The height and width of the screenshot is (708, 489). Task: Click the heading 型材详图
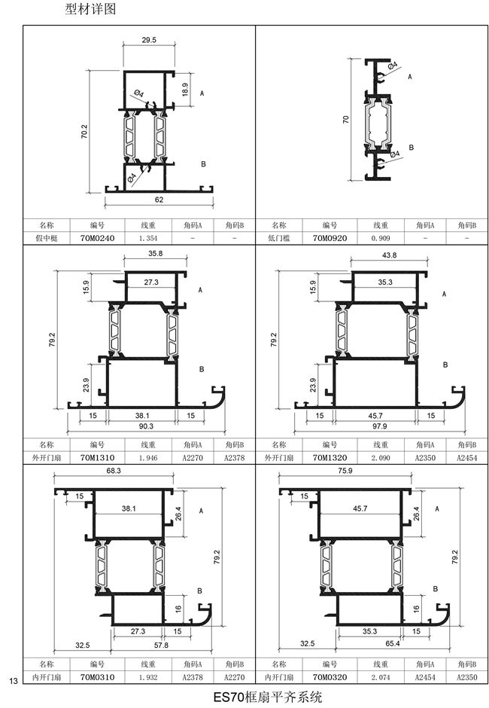coord(91,8)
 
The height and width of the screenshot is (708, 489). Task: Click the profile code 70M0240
coord(98,238)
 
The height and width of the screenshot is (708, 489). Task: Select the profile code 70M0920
coord(330,238)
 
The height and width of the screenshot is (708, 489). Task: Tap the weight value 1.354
coord(148,238)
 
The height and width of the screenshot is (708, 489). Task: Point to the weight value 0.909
coord(381,238)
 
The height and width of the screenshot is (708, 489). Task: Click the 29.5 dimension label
coord(149,40)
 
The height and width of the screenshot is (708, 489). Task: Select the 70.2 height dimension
coord(84,131)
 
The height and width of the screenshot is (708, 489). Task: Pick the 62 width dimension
coord(159,200)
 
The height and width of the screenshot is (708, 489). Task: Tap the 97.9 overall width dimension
coord(379,426)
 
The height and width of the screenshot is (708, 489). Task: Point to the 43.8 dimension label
coord(389,255)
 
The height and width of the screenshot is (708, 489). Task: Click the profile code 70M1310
coord(98,457)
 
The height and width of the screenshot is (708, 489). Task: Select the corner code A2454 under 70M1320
coord(467,457)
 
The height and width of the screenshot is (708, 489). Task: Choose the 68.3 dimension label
coord(114,471)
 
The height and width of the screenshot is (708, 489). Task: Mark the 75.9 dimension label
coord(345,471)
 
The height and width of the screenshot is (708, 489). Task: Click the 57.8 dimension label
coord(161,645)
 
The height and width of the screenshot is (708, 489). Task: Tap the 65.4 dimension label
coord(393,643)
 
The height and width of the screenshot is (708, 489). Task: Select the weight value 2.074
coord(381,677)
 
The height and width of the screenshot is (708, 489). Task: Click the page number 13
coord(13,681)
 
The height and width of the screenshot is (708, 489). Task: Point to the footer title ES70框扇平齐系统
coord(268,697)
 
